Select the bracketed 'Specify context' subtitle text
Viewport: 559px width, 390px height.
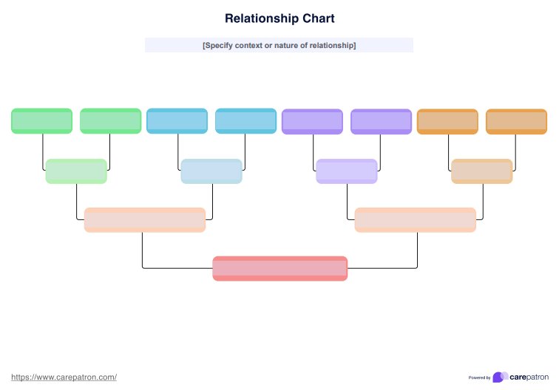279,46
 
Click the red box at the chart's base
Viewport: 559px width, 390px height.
279,268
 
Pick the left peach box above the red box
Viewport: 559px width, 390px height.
144,219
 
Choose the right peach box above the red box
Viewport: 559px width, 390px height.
415,219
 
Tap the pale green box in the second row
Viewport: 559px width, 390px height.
76,171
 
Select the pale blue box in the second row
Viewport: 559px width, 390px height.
211,171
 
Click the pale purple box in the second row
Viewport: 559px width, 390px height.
347,171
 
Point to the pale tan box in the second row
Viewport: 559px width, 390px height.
482,171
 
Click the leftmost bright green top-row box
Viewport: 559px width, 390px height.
41,121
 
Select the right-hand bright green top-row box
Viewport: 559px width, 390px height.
110,121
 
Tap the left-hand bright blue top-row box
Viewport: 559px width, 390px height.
177,121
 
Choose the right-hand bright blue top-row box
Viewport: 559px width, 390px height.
245,121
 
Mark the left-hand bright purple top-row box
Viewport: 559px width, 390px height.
312,121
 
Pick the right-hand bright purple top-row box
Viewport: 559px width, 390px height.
381,121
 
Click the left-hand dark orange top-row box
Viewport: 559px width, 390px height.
447,121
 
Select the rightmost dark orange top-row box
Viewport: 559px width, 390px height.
516,121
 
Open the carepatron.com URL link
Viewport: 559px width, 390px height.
64,377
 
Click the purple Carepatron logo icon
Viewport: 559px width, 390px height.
500,377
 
